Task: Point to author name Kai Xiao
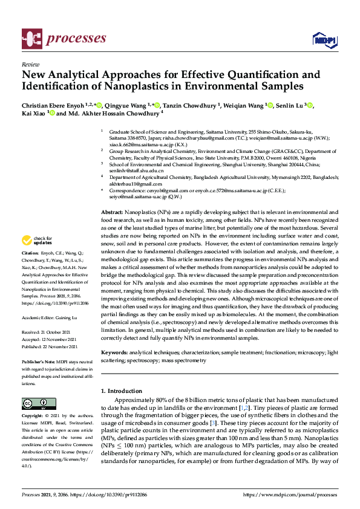33,113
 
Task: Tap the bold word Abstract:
111,214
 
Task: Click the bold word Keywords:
114,352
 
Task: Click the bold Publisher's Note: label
39,361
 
